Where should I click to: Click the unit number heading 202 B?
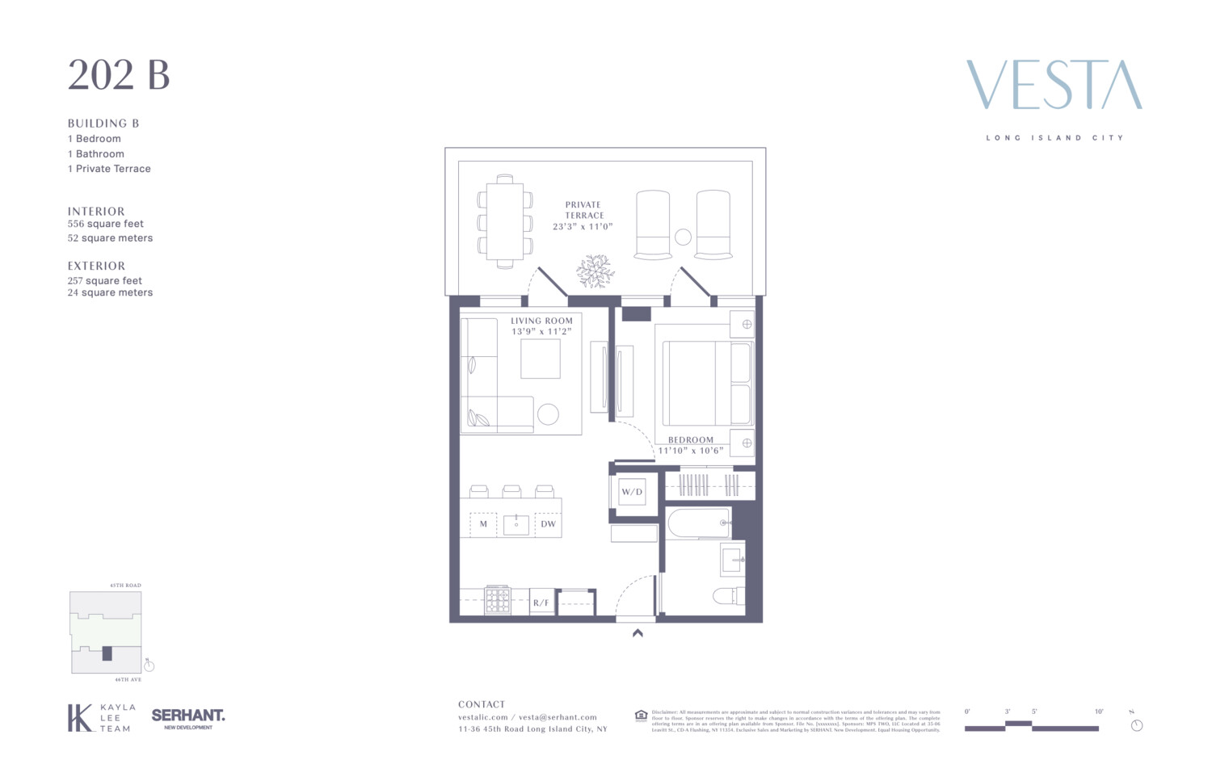(119, 75)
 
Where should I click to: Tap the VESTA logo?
(1054, 85)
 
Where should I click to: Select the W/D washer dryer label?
(632, 492)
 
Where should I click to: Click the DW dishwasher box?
(548, 524)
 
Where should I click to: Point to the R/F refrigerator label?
(541, 603)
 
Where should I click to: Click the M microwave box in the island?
(483, 524)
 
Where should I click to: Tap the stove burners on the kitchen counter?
(498, 600)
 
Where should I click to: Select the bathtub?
(700, 523)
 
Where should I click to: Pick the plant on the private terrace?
(595, 271)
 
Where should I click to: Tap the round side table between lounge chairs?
(683, 237)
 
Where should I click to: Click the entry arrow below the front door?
(638, 634)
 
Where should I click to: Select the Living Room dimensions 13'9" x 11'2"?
(541, 331)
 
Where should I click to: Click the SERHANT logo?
(188, 716)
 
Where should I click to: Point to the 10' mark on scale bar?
(1099, 712)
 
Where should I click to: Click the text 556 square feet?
(106, 224)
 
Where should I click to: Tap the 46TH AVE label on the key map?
(128, 680)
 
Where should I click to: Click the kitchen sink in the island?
(516, 524)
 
